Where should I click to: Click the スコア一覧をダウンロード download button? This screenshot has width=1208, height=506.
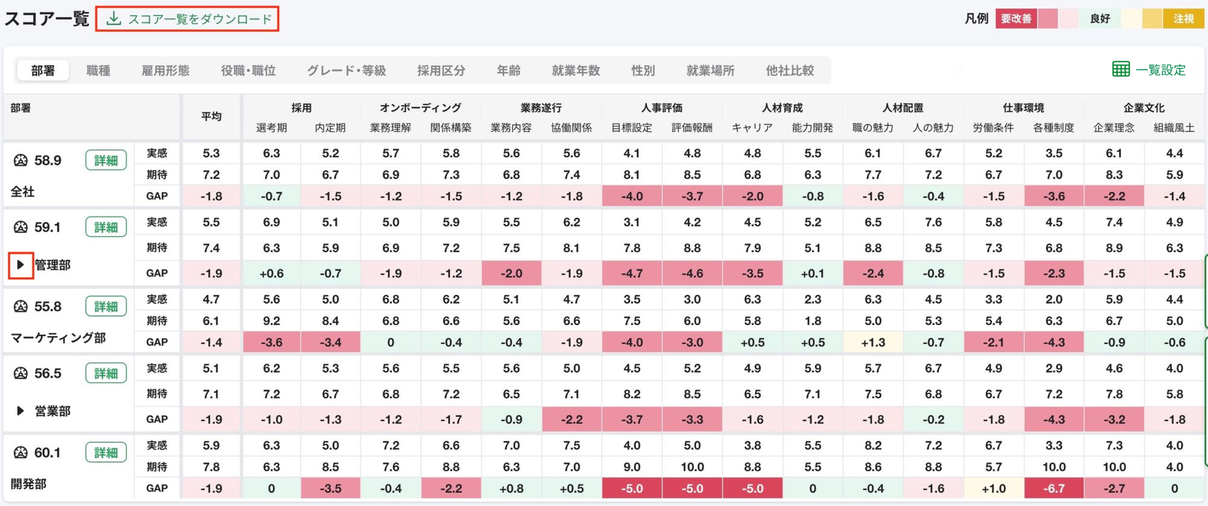point(187,19)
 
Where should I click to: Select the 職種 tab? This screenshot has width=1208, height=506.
point(98,70)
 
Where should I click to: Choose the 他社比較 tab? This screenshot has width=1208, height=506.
point(790,70)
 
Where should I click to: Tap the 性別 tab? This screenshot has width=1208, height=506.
point(643,70)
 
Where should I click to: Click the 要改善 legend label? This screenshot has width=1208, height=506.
point(1016,19)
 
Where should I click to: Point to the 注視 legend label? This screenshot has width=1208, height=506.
point(1183,19)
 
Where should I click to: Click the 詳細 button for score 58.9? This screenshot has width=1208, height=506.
point(106,160)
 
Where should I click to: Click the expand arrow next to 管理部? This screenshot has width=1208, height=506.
point(21,265)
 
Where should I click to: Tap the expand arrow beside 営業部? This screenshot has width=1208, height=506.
point(21,411)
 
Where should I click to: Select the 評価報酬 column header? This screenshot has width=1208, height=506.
point(692,128)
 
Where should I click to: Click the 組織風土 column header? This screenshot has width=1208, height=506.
point(1174,128)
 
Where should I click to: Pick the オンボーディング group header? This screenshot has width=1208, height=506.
point(420,108)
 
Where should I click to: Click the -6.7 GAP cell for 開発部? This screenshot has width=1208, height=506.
point(1054,488)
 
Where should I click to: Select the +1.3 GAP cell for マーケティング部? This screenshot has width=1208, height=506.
point(873,343)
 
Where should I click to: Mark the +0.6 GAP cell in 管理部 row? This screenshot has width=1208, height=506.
point(272,273)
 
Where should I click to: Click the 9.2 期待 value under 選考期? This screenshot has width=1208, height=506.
point(272,321)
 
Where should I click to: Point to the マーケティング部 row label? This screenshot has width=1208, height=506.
point(58,338)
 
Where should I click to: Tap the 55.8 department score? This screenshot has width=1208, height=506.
point(47,306)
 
